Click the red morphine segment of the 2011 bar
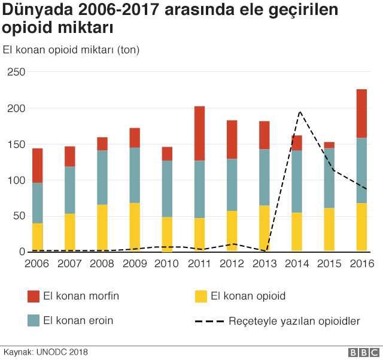(199, 134)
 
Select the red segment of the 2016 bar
(361, 114)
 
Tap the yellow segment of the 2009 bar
(135, 227)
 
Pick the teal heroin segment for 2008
(102, 177)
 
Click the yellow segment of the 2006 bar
(38, 237)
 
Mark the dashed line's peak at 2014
(299, 112)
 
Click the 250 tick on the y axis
(16, 72)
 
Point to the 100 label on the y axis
(16, 180)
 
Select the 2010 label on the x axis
(167, 264)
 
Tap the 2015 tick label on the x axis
(329, 264)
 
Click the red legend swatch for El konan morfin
(34, 296)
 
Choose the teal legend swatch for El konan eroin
(34, 320)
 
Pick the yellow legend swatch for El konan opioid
(202, 296)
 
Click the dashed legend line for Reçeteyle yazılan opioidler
(208, 322)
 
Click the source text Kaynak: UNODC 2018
(46, 352)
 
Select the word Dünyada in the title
(35, 10)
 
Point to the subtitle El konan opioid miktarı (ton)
(71, 50)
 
